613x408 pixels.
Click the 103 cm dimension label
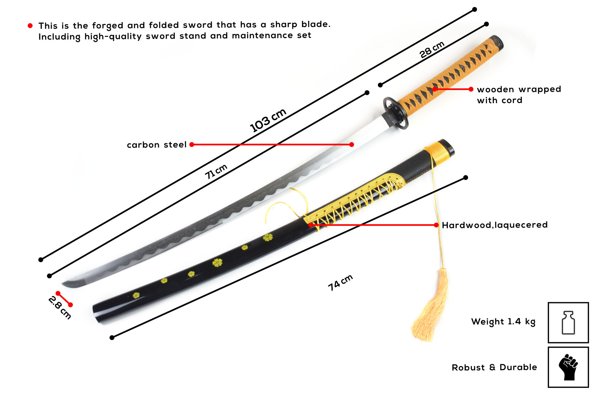click(x=268, y=120)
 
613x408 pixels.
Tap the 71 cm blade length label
click(x=216, y=171)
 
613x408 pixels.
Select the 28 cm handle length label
click(x=432, y=49)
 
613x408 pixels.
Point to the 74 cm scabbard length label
click(x=340, y=282)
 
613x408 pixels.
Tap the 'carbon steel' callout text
click(x=157, y=145)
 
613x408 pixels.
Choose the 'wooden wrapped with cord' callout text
click(x=519, y=95)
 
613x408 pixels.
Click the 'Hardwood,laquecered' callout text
click(x=494, y=225)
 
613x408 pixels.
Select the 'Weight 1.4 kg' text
click(x=503, y=322)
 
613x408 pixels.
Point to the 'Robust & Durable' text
click(x=494, y=367)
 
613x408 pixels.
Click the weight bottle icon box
click(x=568, y=322)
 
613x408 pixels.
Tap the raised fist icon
click(x=568, y=367)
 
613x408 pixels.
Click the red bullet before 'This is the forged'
click(x=30, y=26)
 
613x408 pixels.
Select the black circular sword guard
click(x=396, y=113)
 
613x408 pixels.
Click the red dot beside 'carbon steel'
click(x=192, y=145)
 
